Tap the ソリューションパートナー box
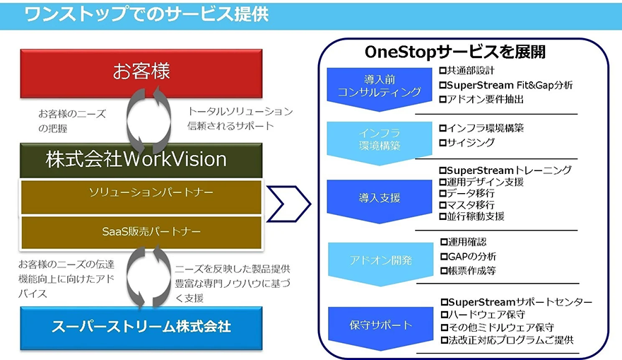(141, 192)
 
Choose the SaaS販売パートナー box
(141, 231)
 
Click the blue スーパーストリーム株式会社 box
(141, 327)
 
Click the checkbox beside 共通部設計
(442, 71)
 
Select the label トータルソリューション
(240, 112)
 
